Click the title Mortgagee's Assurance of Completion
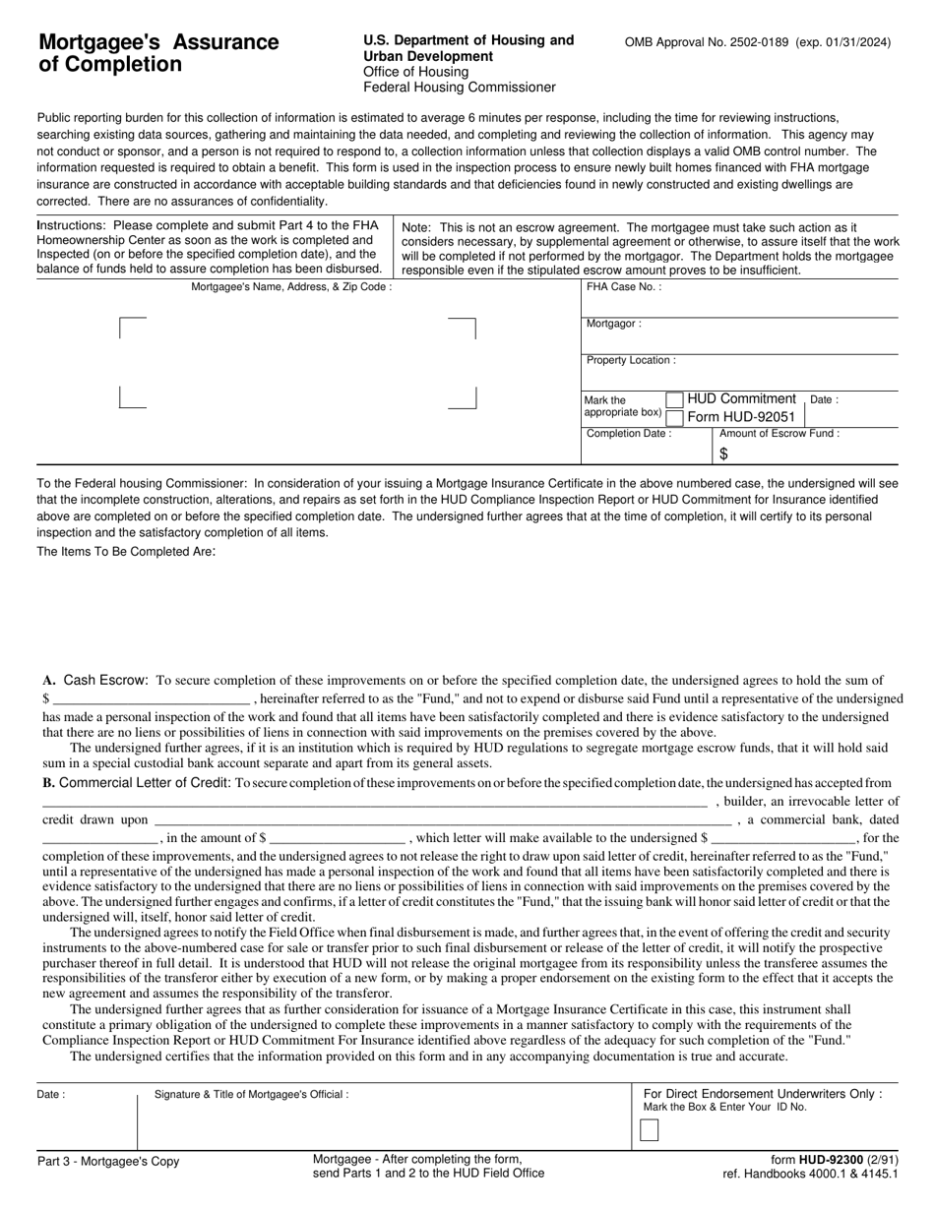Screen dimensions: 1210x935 (x=158, y=53)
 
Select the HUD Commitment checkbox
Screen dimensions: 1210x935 (x=674, y=399)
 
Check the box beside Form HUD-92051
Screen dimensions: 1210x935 (x=674, y=417)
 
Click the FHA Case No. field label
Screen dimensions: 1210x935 (x=624, y=287)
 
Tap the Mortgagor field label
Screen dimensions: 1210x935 (x=614, y=324)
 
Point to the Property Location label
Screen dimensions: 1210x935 (x=631, y=360)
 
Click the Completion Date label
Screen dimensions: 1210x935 (x=629, y=434)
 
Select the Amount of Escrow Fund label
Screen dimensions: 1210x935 (x=779, y=434)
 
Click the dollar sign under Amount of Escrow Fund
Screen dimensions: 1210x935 (x=723, y=454)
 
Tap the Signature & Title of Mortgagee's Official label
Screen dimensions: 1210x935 (x=251, y=1094)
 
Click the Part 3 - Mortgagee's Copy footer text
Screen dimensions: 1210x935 (x=108, y=1162)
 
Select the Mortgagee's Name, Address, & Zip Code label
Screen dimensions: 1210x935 (x=291, y=287)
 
